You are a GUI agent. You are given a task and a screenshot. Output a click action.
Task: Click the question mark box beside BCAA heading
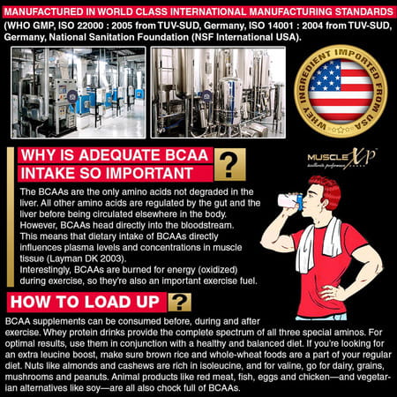point(229,164)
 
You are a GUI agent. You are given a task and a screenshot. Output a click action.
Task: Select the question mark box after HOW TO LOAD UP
point(180,302)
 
